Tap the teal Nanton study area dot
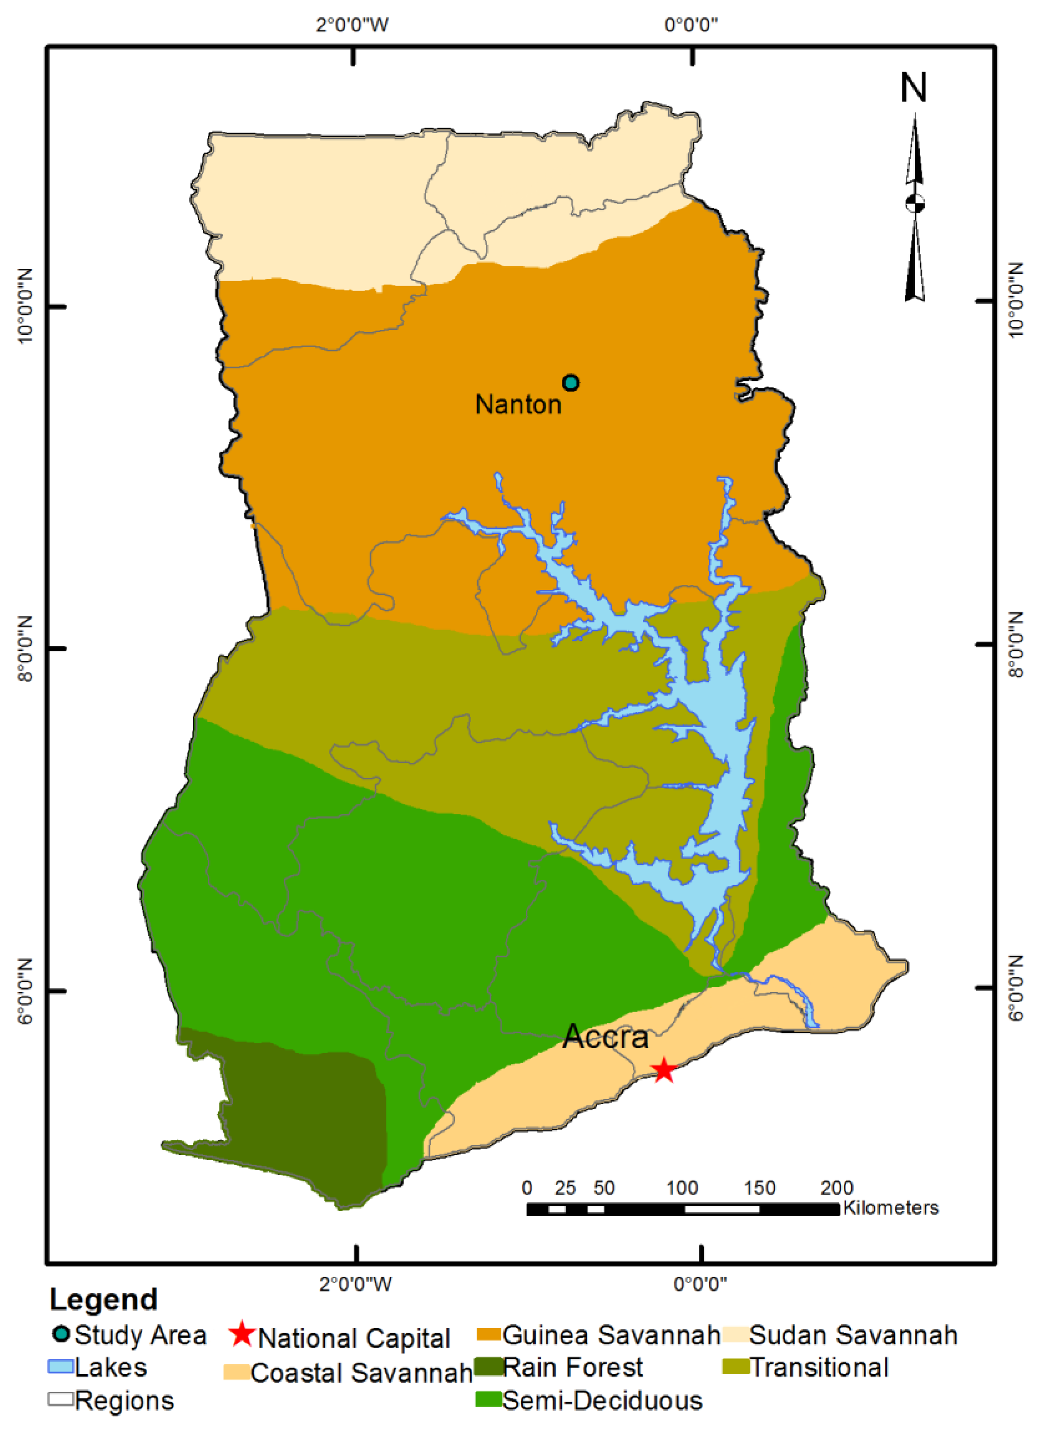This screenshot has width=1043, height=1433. click(x=571, y=383)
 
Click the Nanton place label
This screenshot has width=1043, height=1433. click(x=518, y=405)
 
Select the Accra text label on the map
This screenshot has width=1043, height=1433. click(x=606, y=1037)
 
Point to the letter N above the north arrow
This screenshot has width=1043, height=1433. click(x=914, y=88)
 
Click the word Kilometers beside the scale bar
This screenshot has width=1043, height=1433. click(x=891, y=1207)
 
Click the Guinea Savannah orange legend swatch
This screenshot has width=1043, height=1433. click(x=489, y=1334)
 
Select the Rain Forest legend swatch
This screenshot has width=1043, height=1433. click(x=489, y=1367)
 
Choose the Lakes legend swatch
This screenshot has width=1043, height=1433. click(x=61, y=1366)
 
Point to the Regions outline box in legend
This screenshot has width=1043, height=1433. click(x=61, y=1399)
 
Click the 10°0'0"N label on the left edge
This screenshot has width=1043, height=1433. click(x=24, y=307)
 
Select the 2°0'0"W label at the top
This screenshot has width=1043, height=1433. click(x=352, y=25)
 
